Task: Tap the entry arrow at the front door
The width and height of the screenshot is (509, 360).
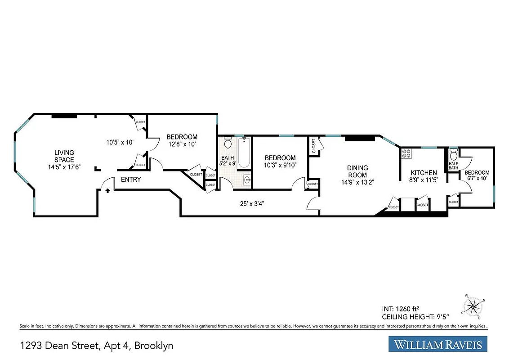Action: [x=108, y=190]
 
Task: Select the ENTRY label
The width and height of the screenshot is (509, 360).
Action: [x=130, y=180]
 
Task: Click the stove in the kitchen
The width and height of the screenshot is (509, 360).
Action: [x=406, y=154]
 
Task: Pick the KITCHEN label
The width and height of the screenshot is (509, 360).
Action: [x=424, y=173]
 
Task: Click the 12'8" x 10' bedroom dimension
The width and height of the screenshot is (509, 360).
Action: [x=182, y=144]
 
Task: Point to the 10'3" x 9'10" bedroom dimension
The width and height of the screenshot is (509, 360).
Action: [x=280, y=165]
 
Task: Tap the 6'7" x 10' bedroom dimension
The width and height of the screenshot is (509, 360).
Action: [x=477, y=179]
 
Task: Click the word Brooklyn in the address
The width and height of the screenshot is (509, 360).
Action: [x=154, y=346]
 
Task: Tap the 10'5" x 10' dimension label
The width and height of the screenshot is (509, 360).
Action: [x=120, y=143]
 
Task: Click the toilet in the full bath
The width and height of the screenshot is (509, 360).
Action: [x=228, y=143]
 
